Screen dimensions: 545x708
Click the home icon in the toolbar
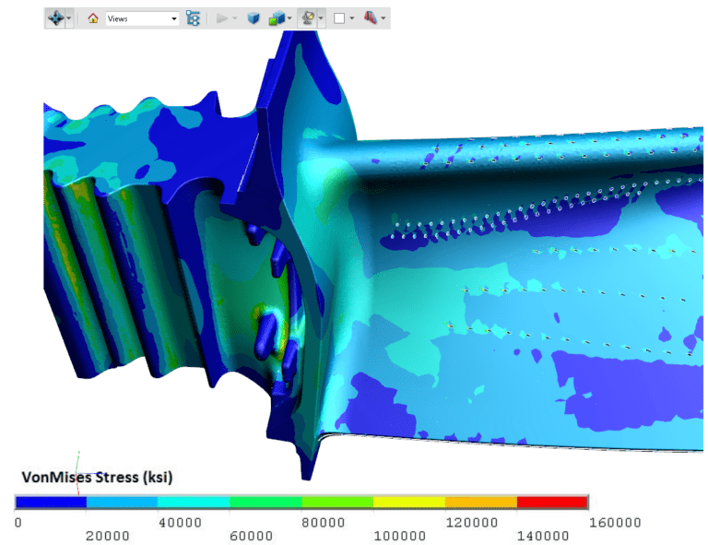[92, 18]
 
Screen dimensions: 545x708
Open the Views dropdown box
[142, 18]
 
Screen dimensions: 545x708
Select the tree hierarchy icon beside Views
[193, 18]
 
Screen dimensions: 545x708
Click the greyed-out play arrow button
[221, 18]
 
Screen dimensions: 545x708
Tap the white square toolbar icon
[339, 18]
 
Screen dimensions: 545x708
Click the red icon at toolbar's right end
[371, 18]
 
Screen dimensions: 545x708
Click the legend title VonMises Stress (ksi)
[98, 478]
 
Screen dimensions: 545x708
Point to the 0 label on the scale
[18, 523]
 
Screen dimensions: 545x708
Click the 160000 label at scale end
[615, 523]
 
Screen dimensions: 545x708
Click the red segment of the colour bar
[552, 502]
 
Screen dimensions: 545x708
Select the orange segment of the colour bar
[480, 502]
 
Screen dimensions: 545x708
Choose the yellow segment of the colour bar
[408, 502]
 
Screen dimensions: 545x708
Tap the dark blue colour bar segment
[51, 502]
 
